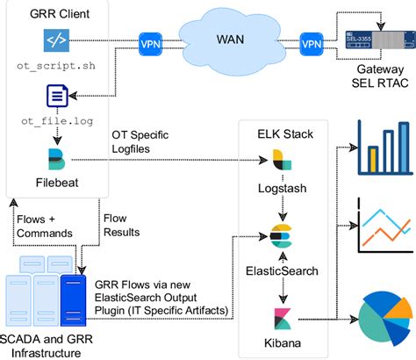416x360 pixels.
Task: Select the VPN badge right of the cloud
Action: click(x=311, y=42)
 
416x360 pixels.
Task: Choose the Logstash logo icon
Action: click(x=282, y=159)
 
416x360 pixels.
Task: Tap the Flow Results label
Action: click(x=121, y=225)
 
